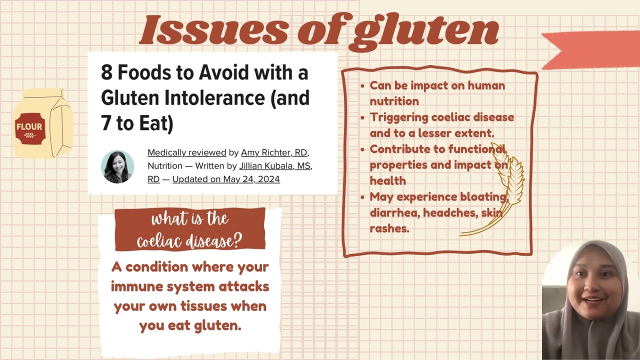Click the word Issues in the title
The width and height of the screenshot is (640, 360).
pos(213,29)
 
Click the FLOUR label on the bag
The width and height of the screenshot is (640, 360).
pos(29,126)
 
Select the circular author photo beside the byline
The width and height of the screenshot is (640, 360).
pos(117,166)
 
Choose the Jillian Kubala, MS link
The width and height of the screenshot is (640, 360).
pos(275,166)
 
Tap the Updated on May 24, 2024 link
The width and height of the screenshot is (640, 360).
pos(226,179)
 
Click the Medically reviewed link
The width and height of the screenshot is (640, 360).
pos(187,152)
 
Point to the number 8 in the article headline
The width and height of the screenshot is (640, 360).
pos(106,72)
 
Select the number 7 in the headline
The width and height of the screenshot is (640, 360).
pos(105,123)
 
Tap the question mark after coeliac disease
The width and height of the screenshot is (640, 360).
pos(236,240)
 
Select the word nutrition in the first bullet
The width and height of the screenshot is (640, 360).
pos(394,101)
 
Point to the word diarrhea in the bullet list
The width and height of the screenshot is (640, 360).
pos(395,212)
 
